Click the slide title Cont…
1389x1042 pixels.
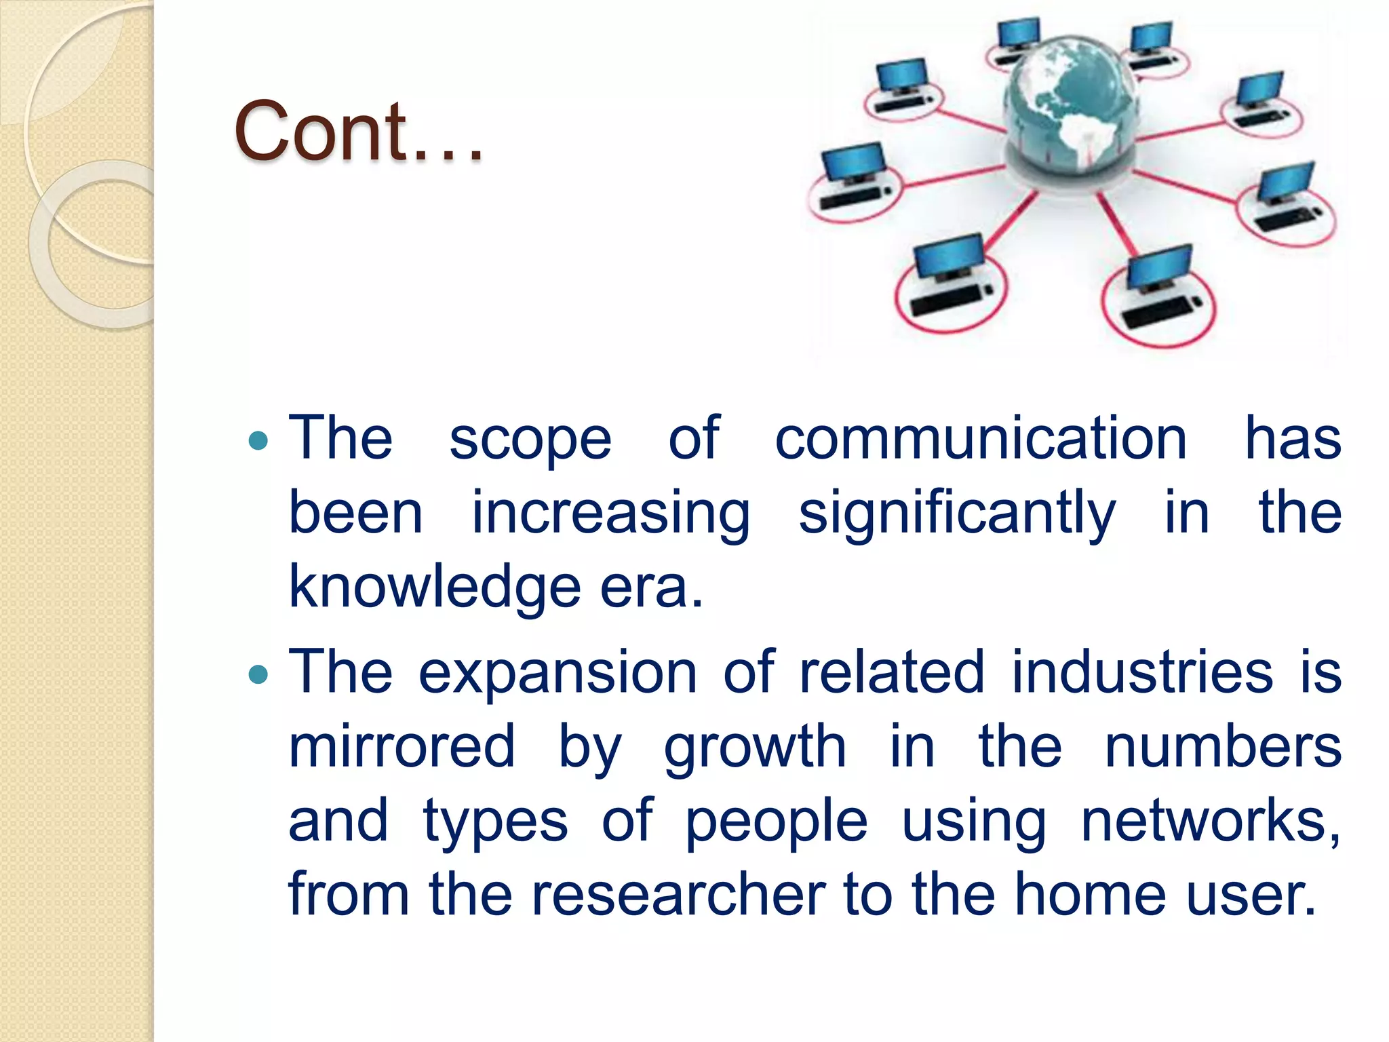(x=358, y=132)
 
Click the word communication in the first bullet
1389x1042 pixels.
(x=980, y=439)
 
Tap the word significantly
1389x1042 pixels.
(x=956, y=514)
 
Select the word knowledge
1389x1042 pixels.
(x=435, y=587)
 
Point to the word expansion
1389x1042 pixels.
(x=557, y=673)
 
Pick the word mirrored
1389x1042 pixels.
(x=402, y=746)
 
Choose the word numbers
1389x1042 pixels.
(x=1223, y=746)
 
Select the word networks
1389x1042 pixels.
(x=1209, y=821)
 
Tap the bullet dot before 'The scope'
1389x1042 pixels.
(x=258, y=442)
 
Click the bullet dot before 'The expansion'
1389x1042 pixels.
(x=258, y=674)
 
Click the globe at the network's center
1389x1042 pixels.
(x=1070, y=109)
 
